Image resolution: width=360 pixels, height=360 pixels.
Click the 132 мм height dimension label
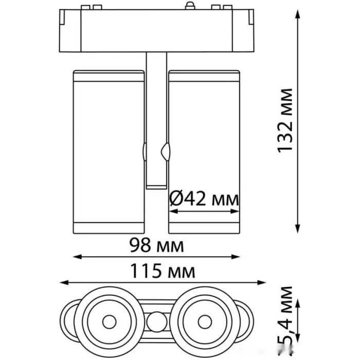point(285,120)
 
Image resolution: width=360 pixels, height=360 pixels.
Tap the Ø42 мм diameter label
point(204,199)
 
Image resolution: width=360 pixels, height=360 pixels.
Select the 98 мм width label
point(156,245)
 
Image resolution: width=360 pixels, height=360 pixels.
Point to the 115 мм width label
point(163,271)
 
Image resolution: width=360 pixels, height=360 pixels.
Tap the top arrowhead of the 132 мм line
point(298,14)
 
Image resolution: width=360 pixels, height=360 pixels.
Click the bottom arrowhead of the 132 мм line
point(298,229)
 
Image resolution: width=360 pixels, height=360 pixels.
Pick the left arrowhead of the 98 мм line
point(78,257)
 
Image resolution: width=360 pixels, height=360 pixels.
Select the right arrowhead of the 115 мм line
point(261,282)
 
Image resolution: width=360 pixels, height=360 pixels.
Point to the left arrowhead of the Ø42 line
point(174,211)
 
